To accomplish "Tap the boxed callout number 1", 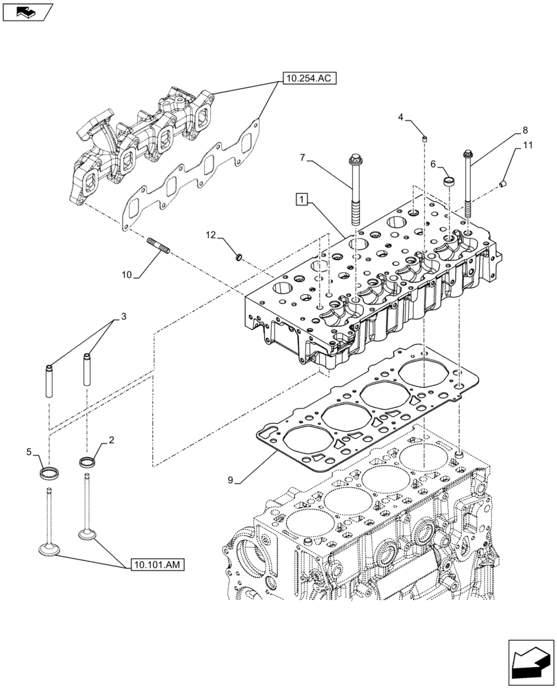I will click(301, 200).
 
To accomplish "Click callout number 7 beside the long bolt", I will click(302, 158).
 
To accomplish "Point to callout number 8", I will click(525, 129).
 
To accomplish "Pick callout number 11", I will click(527, 145).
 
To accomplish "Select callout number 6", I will click(434, 164).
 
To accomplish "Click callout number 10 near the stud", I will click(127, 275).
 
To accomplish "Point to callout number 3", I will click(123, 317).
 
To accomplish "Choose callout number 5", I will click(29, 452).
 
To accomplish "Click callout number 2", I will click(111, 439).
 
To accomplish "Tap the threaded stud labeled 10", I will click(158, 245).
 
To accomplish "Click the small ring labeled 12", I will click(239, 258).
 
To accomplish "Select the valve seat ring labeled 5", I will click(50, 473).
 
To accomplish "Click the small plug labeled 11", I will click(503, 183).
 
